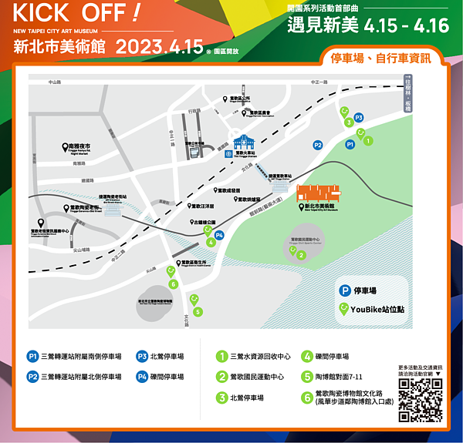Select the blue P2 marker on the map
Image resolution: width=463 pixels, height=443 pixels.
tap(317, 144)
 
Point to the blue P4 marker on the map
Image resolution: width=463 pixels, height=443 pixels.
tap(219, 235)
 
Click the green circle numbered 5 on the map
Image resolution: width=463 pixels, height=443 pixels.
tap(198, 311)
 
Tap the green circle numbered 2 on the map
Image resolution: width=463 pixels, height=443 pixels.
tap(301, 255)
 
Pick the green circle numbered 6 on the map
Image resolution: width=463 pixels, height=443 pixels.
tap(174, 284)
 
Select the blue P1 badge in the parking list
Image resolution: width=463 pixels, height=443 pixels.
tap(32, 357)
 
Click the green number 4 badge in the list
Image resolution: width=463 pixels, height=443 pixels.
tap(306, 357)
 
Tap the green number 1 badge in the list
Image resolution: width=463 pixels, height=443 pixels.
tap(221, 357)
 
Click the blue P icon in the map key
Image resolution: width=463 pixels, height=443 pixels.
tap(344, 290)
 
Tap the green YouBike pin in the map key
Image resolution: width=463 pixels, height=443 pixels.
tap(344, 309)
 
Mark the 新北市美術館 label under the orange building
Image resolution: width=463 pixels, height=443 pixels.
tap(317, 207)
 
